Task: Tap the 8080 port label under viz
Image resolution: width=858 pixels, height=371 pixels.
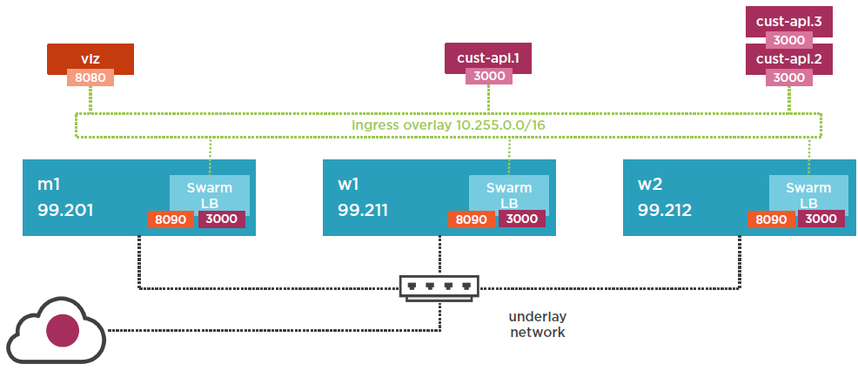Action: coord(90,78)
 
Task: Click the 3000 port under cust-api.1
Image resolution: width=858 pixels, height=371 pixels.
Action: coord(487,76)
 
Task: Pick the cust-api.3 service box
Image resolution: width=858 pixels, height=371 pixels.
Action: coord(789,20)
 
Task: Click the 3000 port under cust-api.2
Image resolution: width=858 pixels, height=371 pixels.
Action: coord(789,77)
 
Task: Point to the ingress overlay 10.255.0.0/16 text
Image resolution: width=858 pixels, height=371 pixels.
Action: coord(448,125)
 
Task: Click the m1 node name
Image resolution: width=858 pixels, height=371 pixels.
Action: coord(50,185)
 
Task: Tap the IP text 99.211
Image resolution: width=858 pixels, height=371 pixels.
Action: coord(364,210)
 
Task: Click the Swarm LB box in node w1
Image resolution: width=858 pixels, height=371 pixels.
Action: coord(509,192)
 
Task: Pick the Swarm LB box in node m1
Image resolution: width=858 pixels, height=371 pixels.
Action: coord(209,192)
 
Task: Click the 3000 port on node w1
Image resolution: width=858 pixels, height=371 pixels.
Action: coord(521,219)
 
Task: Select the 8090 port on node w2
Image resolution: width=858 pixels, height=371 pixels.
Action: coord(771,219)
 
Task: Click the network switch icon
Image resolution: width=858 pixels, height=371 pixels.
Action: coord(439,287)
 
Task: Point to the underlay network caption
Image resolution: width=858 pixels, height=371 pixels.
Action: coord(537,324)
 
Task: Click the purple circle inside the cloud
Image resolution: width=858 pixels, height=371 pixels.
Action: coord(62,331)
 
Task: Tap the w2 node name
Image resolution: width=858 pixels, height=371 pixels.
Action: coord(651,185)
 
